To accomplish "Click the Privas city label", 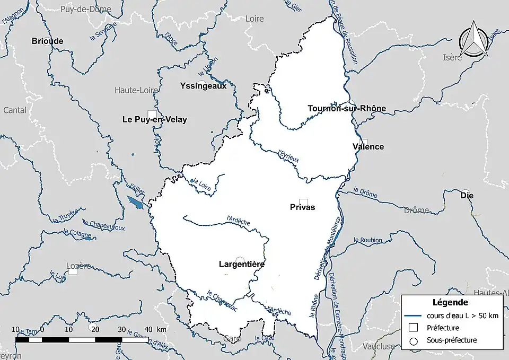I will pos(302,207).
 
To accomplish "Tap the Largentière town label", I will pos(242,264).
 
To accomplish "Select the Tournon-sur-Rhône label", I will pos(347,108).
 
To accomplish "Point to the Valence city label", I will pos(368,146).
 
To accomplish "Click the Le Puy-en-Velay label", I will pos(154,120).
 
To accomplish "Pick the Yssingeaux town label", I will pos(203,85).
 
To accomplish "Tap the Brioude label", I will pos(47,41).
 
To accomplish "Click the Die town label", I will pos(467,195).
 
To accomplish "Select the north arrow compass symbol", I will pos(473,40).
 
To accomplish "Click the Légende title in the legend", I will pos(450,303).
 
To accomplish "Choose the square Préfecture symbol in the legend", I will pos(414,328).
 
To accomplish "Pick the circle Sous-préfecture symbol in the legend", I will pos(414,340).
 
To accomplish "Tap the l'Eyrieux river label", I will pos(288,155).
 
